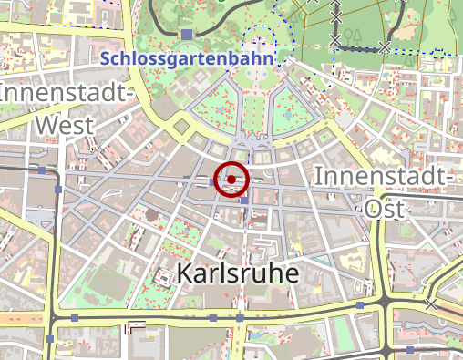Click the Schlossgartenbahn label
point(188,58)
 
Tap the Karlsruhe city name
point(240,273)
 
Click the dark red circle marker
point(232,180)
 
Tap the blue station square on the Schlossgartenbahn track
point(187,34)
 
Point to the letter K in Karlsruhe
point(185,272)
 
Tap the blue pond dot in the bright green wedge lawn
point(289,116)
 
